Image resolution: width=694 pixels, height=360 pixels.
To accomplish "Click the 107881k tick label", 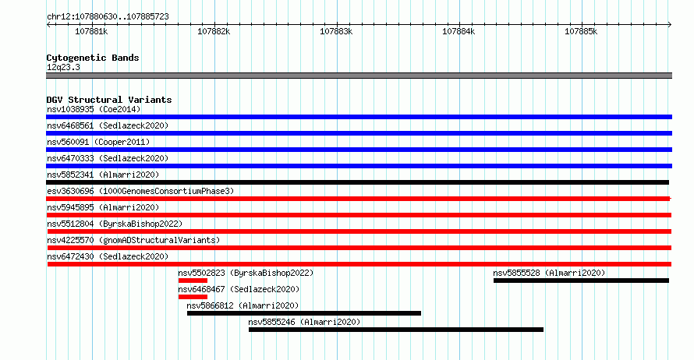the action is pos(91,31).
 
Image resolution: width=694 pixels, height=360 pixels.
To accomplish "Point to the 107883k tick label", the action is pos(336,31).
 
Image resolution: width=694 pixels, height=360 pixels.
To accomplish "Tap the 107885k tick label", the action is pos(581,31).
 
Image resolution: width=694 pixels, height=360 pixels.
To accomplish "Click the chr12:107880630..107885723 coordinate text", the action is pos(108,17).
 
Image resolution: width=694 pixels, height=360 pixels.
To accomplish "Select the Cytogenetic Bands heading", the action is pos(93,58).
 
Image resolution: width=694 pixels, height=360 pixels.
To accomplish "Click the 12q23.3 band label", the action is pos(63,67).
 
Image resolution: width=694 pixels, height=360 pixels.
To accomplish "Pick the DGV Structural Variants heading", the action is pos(109,100).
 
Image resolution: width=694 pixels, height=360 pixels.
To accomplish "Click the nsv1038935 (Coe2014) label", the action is pos(94,109).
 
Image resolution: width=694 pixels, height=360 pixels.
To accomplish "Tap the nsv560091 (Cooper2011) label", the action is pos(98,142).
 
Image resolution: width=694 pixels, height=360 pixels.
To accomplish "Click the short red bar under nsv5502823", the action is pos(193,281).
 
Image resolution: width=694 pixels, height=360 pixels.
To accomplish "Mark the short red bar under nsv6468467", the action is pos(193,297).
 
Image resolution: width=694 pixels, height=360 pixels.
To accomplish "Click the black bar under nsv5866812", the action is pos(304,313).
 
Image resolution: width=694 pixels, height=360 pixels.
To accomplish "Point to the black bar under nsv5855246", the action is pos(396,330).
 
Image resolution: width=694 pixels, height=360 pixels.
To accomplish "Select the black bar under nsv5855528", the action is pos(581,281).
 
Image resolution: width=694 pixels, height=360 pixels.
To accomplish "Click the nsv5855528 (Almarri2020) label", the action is pos(549,273).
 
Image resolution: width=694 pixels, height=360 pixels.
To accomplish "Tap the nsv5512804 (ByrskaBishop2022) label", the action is pos(115,224).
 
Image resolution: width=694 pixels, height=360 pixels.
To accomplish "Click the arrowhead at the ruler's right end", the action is pos(671,25).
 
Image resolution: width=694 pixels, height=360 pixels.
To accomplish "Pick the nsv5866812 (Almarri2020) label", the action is pos(243,305).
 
